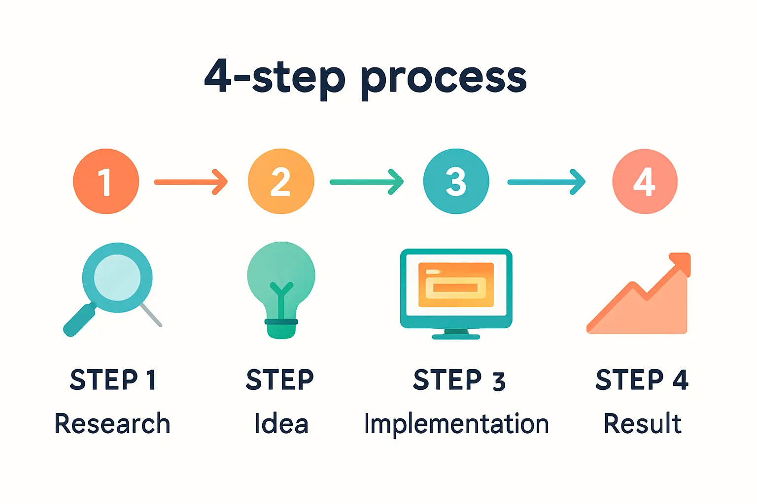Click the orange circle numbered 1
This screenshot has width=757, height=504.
pyautogui.click(x=106, y=181)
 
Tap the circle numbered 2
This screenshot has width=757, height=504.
pyautogui.click(x=281, y=181)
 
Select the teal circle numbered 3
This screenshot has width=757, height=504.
pyautogui.click(x=456, y=181)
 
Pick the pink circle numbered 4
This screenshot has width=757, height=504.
pyautogui.click(x=645, y=181)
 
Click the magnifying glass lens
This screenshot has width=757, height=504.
pyautogui.click(x=117, y=277)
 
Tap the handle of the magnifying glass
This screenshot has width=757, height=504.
pyautogui.click(x=79, y=321)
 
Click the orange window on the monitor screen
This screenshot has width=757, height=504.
pyautogui.click(x=456, y=284)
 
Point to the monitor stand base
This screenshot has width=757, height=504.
pyautogui.click(x=456, y=337)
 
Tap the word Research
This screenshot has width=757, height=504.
pyautogui.click(x=112, y=424)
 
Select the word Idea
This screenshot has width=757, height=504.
pyautogui.click(x=281, y=424)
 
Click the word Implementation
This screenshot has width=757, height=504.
pyautogui.click(x=456, y=424)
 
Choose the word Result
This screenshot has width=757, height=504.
pyautogui.click(x=643, y=424)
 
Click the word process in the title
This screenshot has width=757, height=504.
pyautogui.click(x=444, y=79)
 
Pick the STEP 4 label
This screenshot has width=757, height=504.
pyautogui.click(x=642, y=380)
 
